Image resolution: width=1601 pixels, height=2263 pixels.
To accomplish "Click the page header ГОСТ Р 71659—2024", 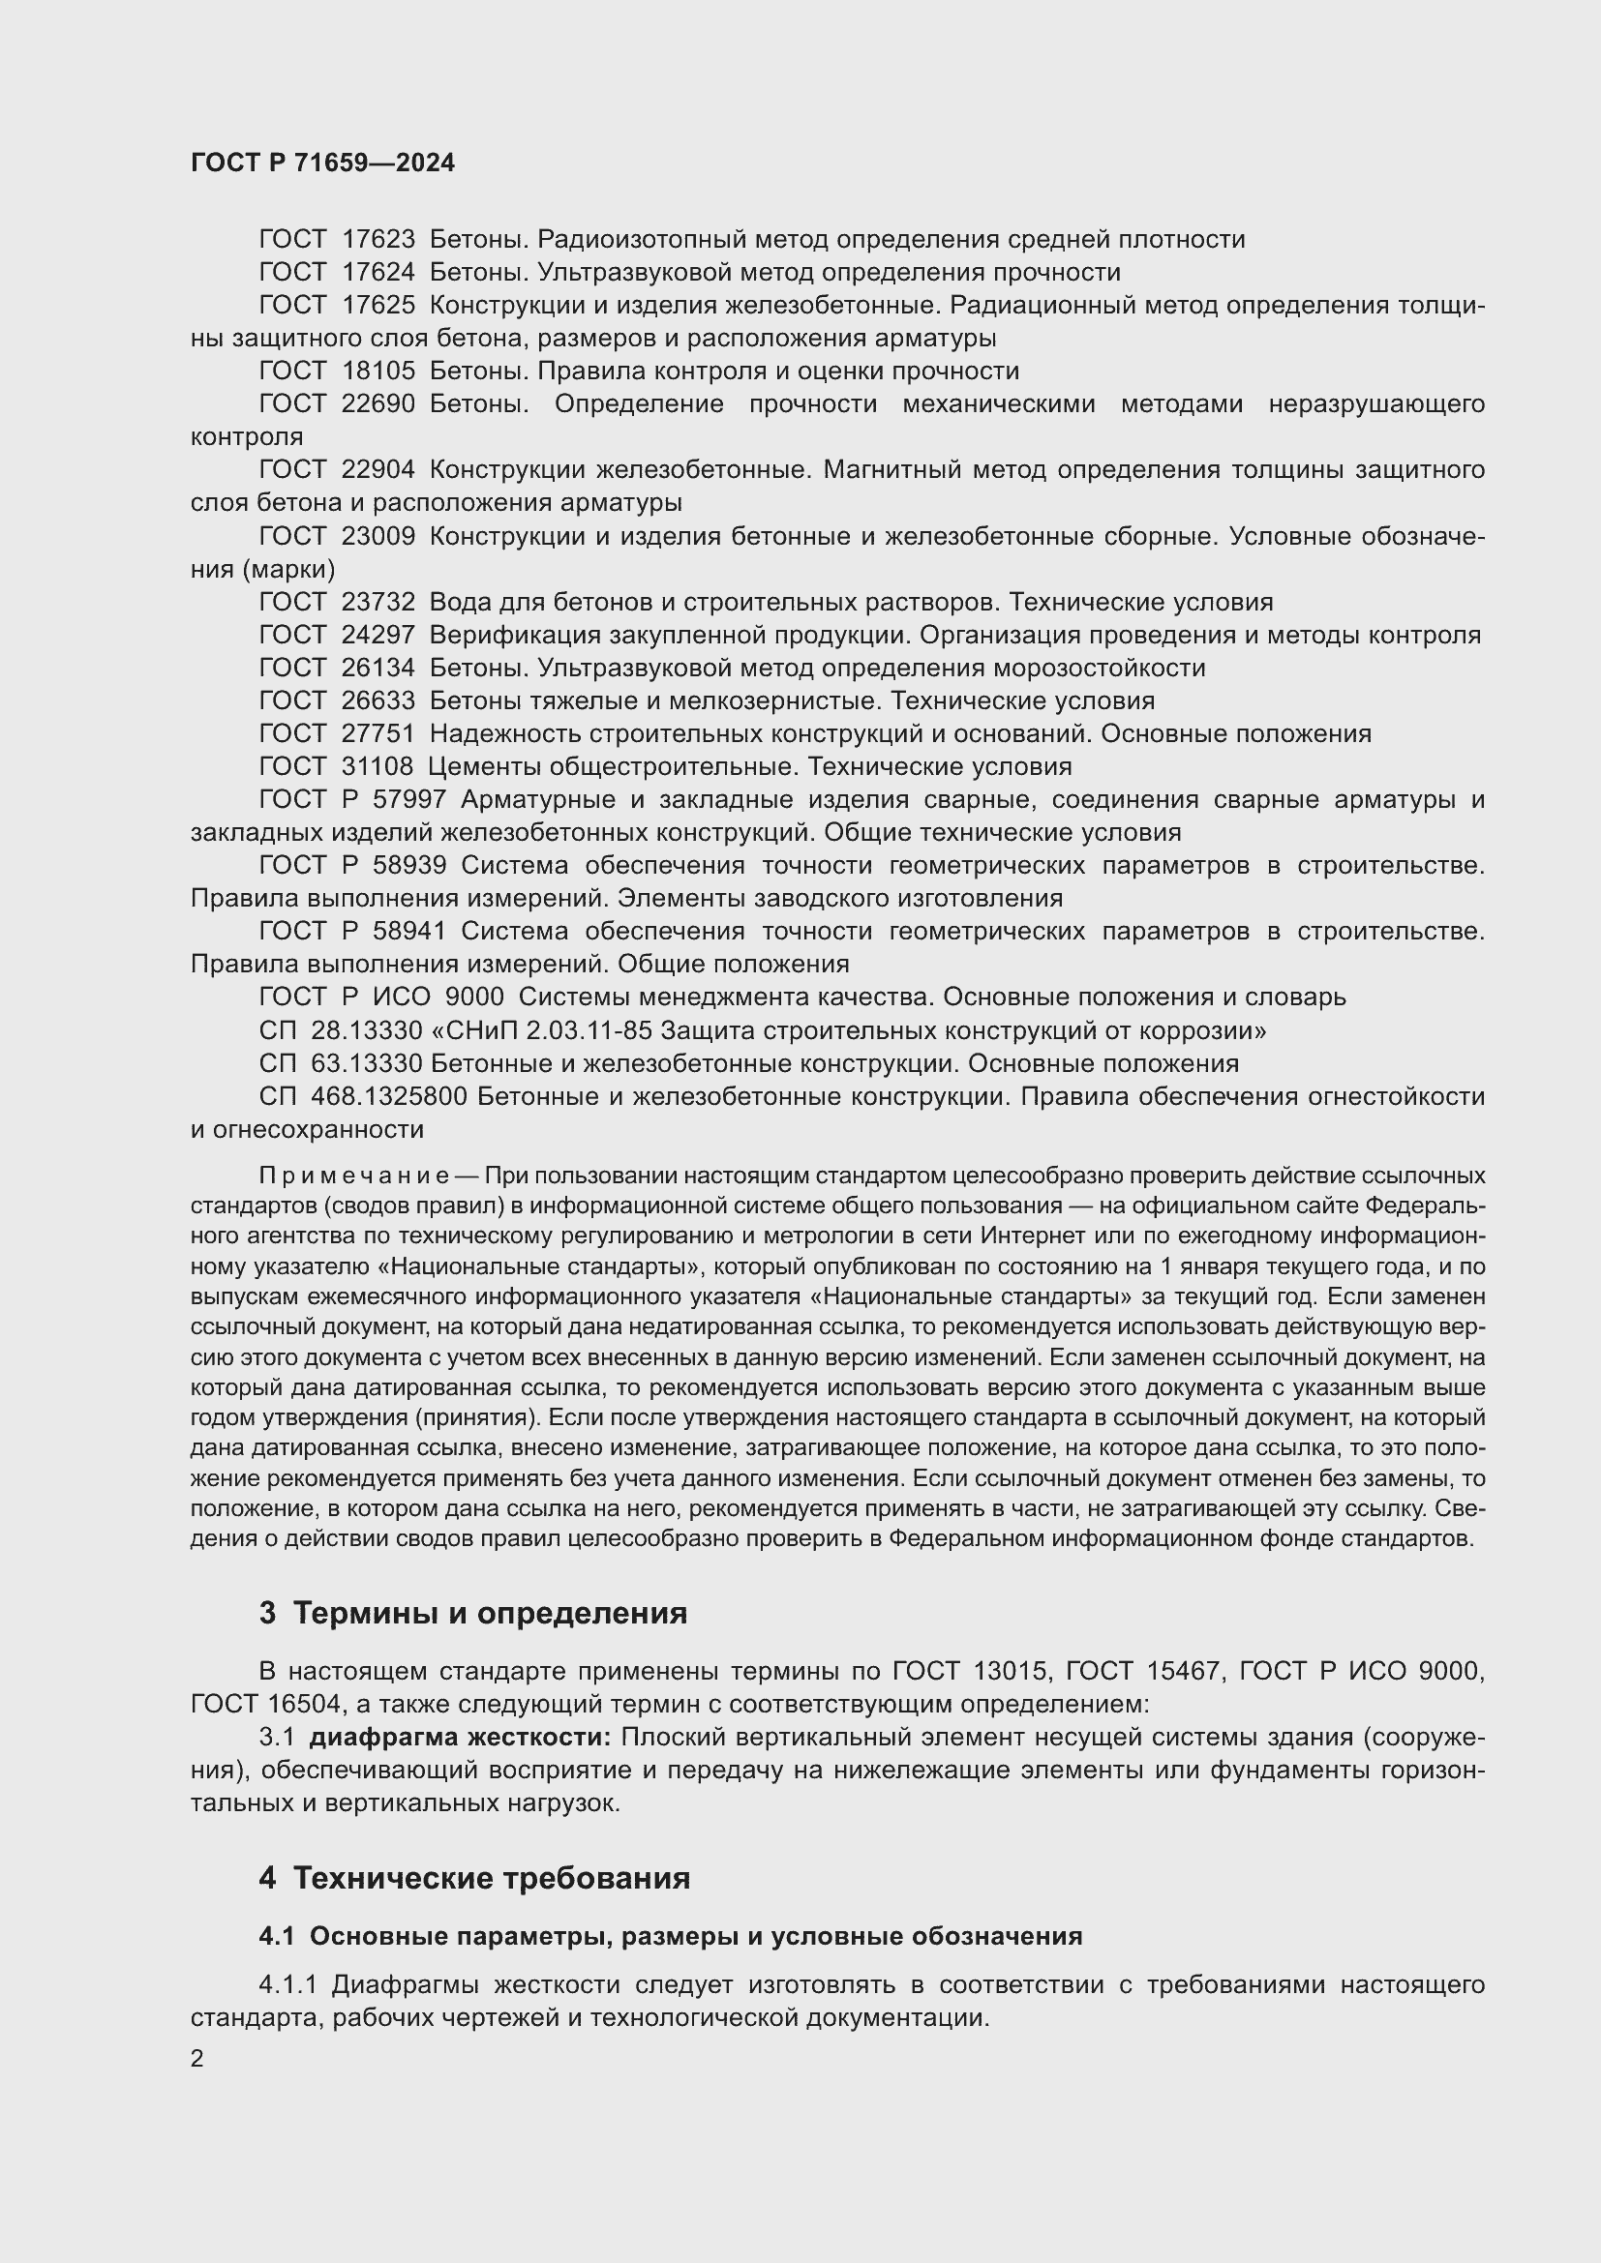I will coord(322,164).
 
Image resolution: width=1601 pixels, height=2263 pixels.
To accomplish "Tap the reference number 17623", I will coord(378,240).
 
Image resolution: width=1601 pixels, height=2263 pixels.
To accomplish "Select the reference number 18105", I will coord(378,372).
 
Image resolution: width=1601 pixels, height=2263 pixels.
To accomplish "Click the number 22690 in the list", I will coord(378,404).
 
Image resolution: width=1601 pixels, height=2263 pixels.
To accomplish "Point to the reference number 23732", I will coord(378,602).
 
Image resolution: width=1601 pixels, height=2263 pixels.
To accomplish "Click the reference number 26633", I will coord(378,701).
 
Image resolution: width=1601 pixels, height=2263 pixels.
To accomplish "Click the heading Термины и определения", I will coord(490,1613).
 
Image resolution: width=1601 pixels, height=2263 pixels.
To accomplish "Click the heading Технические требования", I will coord(491,1878).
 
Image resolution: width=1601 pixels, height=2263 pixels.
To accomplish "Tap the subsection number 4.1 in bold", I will coord(276,1936).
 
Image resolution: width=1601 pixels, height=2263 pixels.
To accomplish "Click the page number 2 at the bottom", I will coord(197,2059).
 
